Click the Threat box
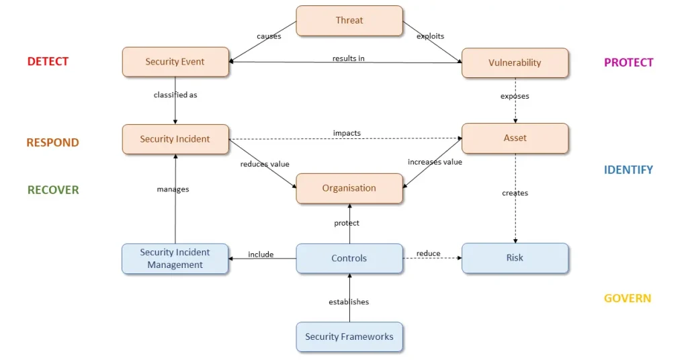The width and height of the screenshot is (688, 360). point(349,21)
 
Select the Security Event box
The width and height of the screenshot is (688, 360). point(175,62)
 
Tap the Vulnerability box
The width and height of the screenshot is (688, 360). point(515,62)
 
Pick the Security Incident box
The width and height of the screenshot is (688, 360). point(175,139)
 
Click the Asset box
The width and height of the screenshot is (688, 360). point(515,138)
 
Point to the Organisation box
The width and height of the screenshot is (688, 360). point(349,188)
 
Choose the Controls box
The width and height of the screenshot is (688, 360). point(349,258)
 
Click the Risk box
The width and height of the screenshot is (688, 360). point(515,258)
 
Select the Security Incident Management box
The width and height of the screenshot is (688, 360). point(175,259)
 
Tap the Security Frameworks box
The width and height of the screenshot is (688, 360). point(349,336)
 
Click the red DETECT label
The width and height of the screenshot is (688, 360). point(48,62)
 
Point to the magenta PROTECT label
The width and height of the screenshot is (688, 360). point(628,62)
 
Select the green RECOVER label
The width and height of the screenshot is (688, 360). point(53,190)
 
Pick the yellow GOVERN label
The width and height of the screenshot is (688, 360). point(627,298)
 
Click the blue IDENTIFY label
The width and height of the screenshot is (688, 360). point(628,170)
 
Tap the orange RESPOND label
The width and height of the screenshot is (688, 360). point(52,142)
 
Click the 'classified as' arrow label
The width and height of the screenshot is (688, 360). point(175,95)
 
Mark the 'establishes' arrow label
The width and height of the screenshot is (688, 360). point(349,302)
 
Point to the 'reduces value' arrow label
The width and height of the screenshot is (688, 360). point(264,164)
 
